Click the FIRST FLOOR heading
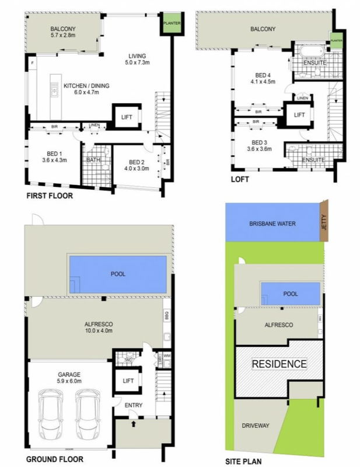point(50,196)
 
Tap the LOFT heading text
point(239,180)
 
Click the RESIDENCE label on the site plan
point(279,364)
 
